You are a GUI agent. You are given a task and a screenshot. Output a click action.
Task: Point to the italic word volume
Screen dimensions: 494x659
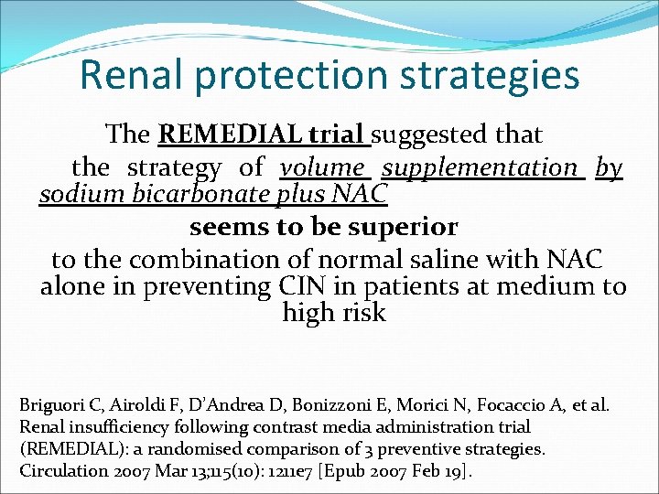323,167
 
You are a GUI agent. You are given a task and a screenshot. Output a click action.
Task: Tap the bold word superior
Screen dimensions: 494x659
402,225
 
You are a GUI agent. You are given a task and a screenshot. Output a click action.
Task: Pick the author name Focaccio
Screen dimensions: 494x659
486,404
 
